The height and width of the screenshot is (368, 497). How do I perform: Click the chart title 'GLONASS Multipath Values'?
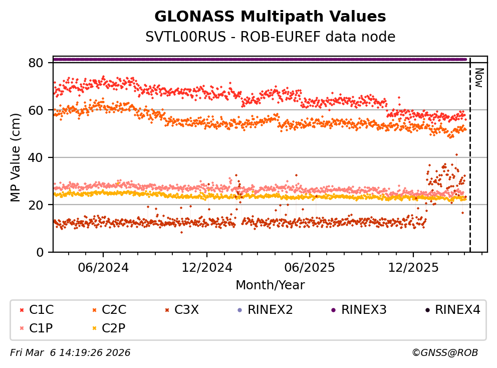coord(270,17)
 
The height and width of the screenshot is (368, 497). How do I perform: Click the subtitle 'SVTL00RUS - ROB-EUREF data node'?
coord(270,37)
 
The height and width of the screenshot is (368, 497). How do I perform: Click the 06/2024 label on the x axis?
coord(103,267)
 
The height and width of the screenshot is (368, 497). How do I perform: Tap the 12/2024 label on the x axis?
coord(206,267)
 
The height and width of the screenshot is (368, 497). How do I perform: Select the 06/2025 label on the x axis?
coord(309,267)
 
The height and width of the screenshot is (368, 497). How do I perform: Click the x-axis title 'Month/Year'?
coord(270,285)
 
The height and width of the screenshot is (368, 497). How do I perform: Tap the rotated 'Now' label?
coord(479,78)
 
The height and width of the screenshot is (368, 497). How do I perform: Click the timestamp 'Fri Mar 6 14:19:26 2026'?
coord(70,353)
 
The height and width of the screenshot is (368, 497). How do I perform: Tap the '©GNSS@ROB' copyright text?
coord(445,353)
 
